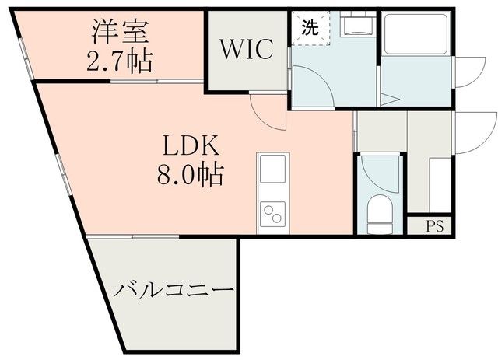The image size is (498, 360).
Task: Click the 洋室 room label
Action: pyautogui.click(x=118, y=33)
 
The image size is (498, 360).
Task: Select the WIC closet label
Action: pyautogui.click(x=246, y=50)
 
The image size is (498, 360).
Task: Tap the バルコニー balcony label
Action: pyautogui.click(x=174, y=292)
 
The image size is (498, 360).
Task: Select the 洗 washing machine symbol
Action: pyautogui.click(x=310, y=29)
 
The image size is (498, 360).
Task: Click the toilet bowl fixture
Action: pyautogui.click(x=379, y=212)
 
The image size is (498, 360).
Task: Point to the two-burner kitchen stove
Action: pyautogui.click(x=272, y=212)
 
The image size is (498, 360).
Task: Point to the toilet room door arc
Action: pyautogui.click(x=379, y=175)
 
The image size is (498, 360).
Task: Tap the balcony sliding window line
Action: pyautogui.click(x=132, y=236)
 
